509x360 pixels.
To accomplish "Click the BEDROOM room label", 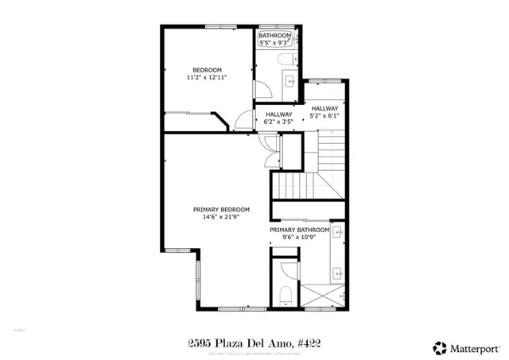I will click(x=206, y=69).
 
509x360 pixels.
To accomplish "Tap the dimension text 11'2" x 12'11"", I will click(x=206, y=78).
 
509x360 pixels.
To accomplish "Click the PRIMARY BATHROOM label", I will click(x=299, y=230).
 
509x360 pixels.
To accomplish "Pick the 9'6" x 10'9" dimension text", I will click(x=299, y=238).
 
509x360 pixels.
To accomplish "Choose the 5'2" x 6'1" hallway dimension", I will click(x=324, y=116).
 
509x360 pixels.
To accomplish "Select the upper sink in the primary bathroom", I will click(x=337, y=234).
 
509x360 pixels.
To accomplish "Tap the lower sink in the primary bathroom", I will click(x=337, y=271).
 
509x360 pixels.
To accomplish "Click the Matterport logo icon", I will click(x=438, y=346).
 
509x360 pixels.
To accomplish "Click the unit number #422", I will click(x=306, y=343).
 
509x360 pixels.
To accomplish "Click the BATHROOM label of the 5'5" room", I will click(x=275, y=36).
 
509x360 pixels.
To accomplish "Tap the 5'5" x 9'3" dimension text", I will click(x=275, y=44).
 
